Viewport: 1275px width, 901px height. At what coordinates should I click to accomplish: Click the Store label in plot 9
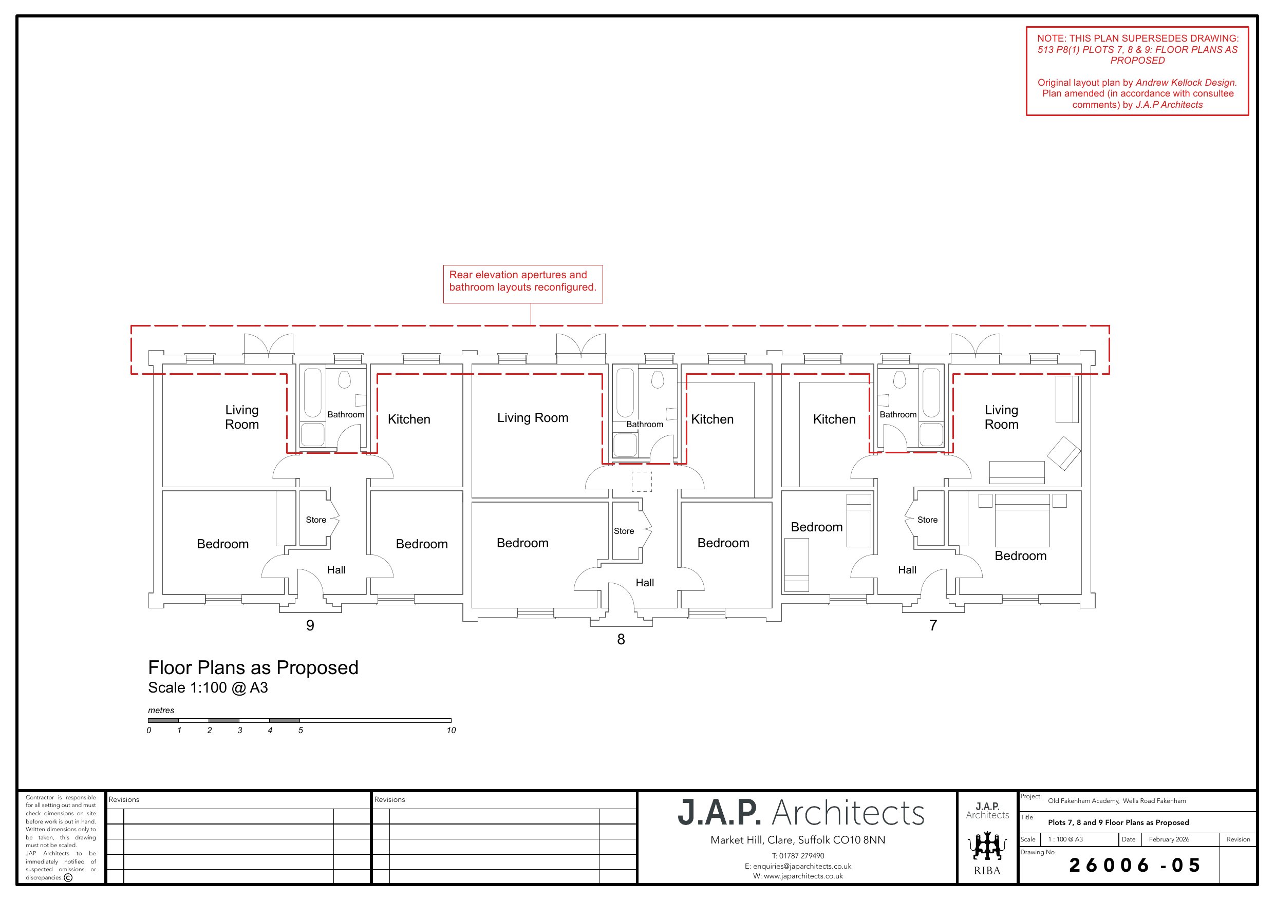[316, 520]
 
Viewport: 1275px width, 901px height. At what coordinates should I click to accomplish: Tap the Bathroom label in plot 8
[645, 424]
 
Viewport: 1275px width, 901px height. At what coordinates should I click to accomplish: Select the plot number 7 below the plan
[933, 626]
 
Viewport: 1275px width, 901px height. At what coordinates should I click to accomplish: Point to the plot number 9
[310, 626]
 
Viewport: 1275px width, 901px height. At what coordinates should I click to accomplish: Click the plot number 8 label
[621, 640]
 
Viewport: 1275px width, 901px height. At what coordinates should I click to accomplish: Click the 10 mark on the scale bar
[452, 731]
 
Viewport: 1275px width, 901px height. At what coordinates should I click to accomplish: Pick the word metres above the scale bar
[161, 711]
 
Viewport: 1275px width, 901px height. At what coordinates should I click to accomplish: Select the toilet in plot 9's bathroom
[344, 379]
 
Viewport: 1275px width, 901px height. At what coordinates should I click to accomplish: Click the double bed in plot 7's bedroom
[1022, 520]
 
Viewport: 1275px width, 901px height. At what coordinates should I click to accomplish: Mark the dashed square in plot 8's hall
[642, 482]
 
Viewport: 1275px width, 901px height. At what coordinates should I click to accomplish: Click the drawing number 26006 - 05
[1135, 866]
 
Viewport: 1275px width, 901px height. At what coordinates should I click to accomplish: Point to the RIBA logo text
[987, 871]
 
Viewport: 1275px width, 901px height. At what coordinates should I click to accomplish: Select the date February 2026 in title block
[1169, 839]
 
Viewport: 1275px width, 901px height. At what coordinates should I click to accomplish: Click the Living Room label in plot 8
[533, 417]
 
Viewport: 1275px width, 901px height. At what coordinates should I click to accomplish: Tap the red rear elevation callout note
[522, 284]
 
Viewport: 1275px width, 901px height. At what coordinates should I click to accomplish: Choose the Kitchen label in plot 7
[834, 419]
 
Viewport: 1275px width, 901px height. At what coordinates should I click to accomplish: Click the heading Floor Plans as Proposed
[253, 667]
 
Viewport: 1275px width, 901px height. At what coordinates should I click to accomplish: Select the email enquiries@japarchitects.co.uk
[797, 866]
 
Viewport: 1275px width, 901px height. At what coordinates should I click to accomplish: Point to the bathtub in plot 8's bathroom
[625, 393]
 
